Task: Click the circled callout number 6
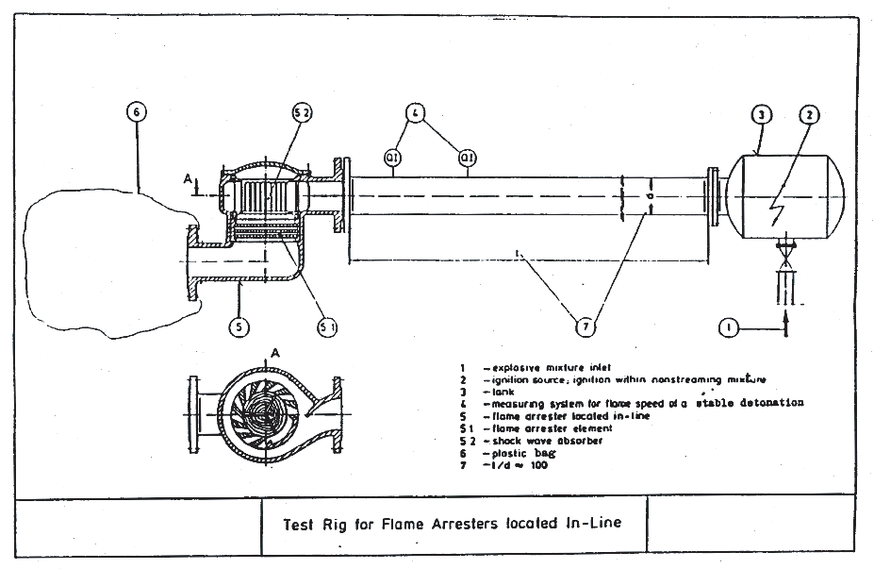click(x=137, y=112)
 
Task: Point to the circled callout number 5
click(x=239, y=326)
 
